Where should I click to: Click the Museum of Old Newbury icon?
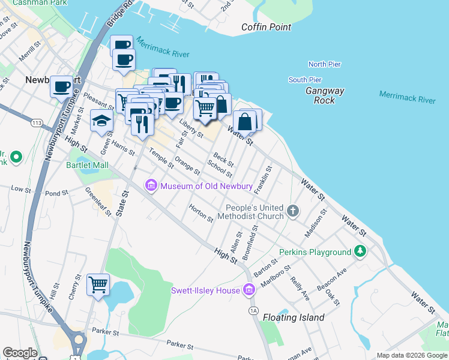[151, 186]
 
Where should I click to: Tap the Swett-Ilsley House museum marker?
[249, 291]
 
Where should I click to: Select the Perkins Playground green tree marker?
[360, 252]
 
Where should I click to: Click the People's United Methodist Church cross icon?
[292, 211]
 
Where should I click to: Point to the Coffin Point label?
[266, 27]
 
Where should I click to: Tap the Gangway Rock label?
[325, 96]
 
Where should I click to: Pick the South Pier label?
[305, 80]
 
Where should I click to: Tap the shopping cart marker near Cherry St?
[98, 284]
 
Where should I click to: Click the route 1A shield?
[253, 310]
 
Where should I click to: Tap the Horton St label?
[201, 214]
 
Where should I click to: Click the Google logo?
[20, 353]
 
